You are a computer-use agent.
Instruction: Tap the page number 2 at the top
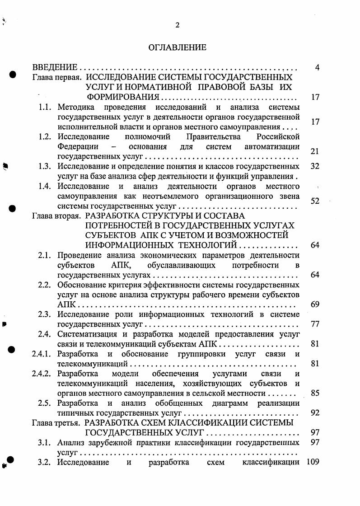178,25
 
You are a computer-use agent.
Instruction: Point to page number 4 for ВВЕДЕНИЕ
317,68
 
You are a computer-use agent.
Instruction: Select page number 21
315,151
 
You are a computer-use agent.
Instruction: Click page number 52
315,201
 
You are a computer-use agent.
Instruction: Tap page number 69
315,305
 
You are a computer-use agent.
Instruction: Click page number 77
315,324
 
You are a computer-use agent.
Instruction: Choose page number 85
315,393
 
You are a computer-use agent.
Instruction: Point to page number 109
313,462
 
